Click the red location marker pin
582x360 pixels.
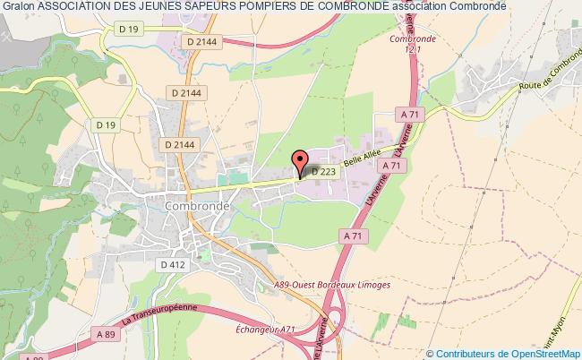coord(299,161)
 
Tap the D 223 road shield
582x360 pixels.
coord(324,171)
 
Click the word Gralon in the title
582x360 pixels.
coord(18,7)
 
